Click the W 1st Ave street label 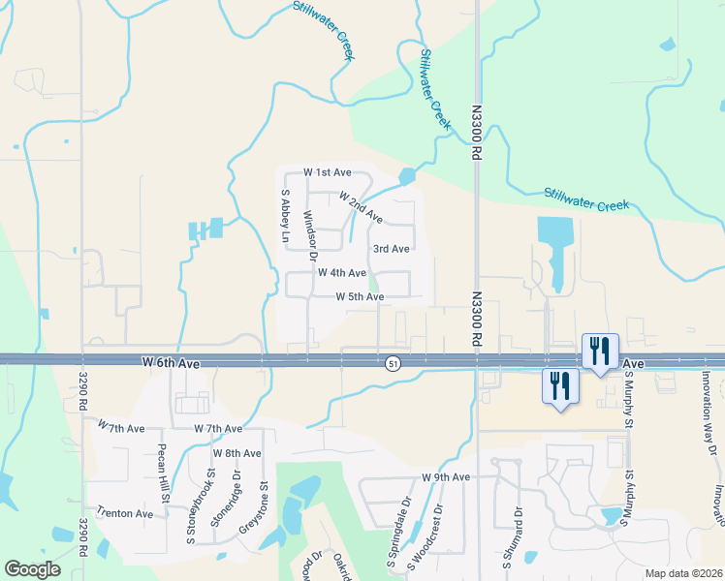pos(327,171)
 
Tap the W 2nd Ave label pos(361,204)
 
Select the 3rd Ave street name pos(391,249)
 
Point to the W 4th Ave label pos(341,273)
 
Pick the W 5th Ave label pos(360,296)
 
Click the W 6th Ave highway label pos(170,362)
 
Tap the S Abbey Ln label pos(286,216)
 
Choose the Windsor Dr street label pos(310,236)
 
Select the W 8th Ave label pos(237,453)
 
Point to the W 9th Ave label pos(446,477)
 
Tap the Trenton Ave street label pos(124,513)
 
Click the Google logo pos(32,569)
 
